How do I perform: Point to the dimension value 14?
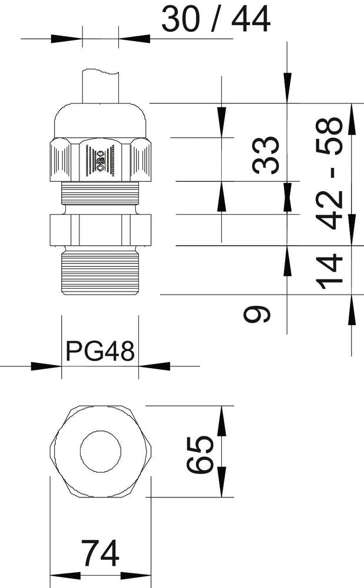330,270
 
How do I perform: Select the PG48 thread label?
100,351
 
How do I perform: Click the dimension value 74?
100,553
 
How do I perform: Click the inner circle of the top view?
101,452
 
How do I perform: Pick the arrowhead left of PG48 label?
46,366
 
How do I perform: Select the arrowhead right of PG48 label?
153,366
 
